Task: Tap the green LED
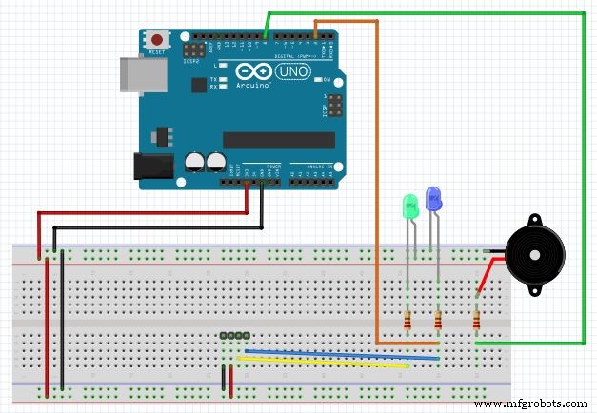click(x=410, y=206)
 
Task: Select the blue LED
click(x=434, y=199)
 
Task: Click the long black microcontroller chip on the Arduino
click(x=279, y=140)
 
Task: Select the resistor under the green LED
click(x=408, y=322)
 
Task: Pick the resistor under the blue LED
click(x=438, y=321)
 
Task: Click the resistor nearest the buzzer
click(x=476, y=321)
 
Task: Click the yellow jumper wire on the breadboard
click(x=324, y=362)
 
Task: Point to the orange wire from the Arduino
click(x=377, y=190)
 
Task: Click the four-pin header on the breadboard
click(x=234, y=336)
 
